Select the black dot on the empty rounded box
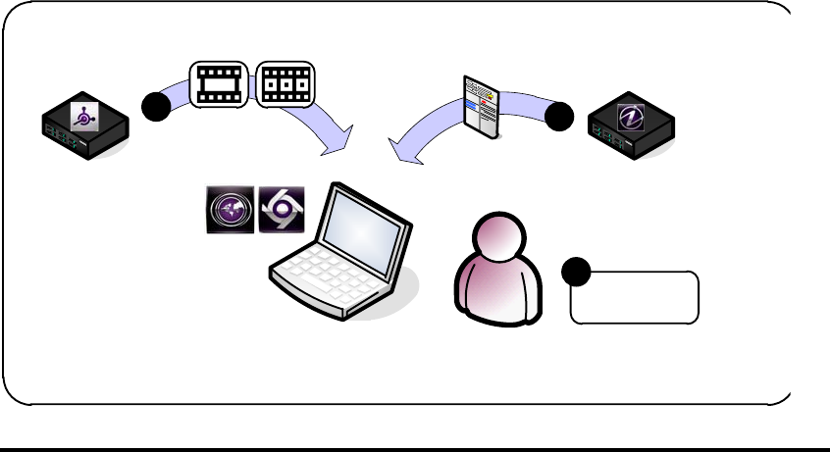[576, 271]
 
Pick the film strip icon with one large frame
[218, 84]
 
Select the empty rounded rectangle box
[635, 297]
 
